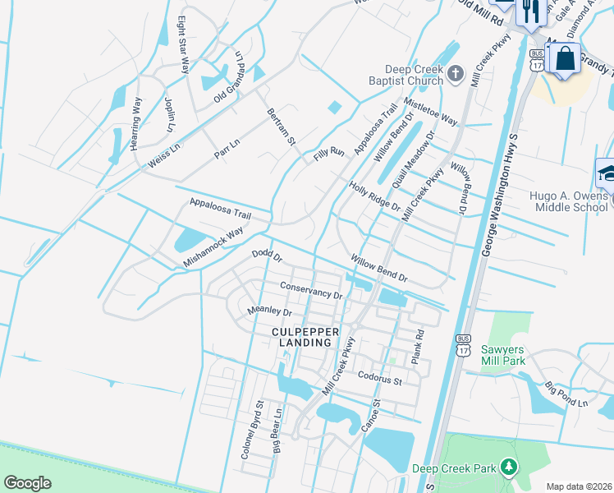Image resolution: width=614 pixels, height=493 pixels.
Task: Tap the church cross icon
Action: pyautogui.click(x=457, y=76)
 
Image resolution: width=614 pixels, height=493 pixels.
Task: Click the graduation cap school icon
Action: pyautogui.click(x=607, y=173)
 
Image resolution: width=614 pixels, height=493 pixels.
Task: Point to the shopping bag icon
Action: pyautogui.click(x=565, y=58)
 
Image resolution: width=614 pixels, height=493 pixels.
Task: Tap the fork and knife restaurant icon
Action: pyautogui.click(x=529, y=12)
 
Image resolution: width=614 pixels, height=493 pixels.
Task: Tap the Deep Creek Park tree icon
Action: pyautogui.click(x=509, y=468)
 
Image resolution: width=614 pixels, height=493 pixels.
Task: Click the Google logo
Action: pyautogui.click(x=28, y=483)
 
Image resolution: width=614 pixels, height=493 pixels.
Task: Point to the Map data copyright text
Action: pyautogui.click(x=580, y=486)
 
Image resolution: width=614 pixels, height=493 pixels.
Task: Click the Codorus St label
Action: pyautogui.click(x=379, y=378)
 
